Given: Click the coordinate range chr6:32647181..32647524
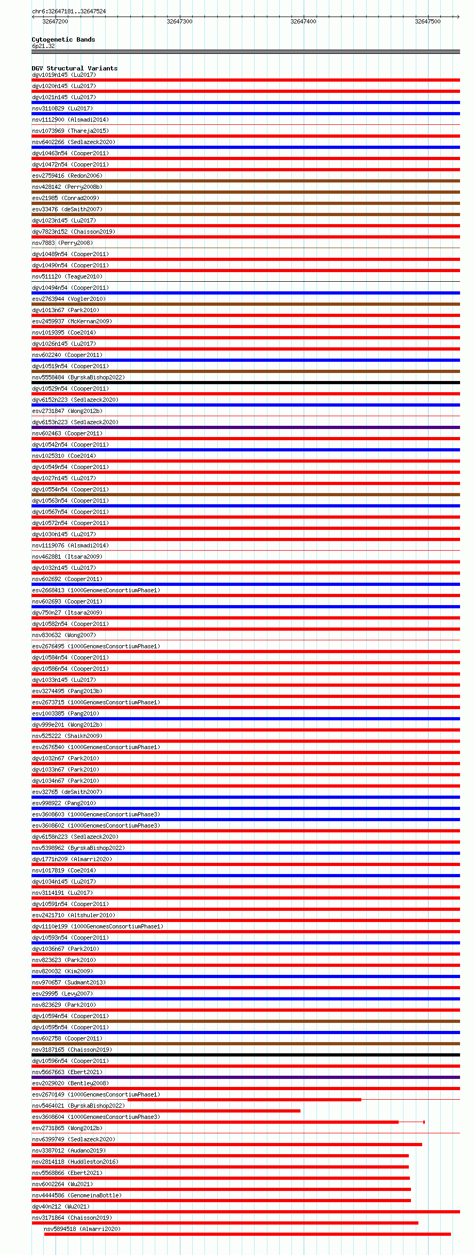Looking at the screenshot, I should pyautogui.click(x=69, y=11).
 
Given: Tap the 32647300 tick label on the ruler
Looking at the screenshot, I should pyautogui.click(x=179, y=21).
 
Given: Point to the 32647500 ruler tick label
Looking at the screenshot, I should pyautogui.click(x=427, y=21).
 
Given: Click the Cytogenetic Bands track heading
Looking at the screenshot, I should pyautogui.click(x=64, y=39).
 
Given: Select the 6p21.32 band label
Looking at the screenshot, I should pyautogui.click(x=43, y=46).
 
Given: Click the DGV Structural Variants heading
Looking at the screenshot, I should pyautogui.click(x=75, y=68).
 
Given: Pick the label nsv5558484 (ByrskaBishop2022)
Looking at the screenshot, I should pyautogui.click(x=78, y=377).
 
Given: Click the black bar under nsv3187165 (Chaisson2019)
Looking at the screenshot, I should pyautogui.click(x=246, y=1055).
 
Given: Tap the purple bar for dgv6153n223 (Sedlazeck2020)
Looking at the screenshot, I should pyautogui.click(x=246, y=427).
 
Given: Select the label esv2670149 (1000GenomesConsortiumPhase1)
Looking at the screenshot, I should pyautogui.click(x=96, y=1094).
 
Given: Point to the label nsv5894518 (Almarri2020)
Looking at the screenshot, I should pyautogui.click(x=82, y=1229).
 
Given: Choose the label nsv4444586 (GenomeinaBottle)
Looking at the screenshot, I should pyautogui.click(x=77, y=1195).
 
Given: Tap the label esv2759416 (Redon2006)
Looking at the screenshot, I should pyautogui.click(x=67, y=176).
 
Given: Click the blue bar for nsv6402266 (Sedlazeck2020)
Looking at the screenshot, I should pyautogui.click(x=246, y=147).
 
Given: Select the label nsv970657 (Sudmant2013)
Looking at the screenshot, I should pyautogui.click(x=69, y=982).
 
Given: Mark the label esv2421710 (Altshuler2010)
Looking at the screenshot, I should pyautogui.click(x=74, y=915).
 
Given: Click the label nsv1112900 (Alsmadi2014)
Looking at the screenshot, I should pyautogui.click(x=70, y=120).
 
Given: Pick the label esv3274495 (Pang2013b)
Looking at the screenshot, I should pyautogui.click(x=67, y=691).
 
